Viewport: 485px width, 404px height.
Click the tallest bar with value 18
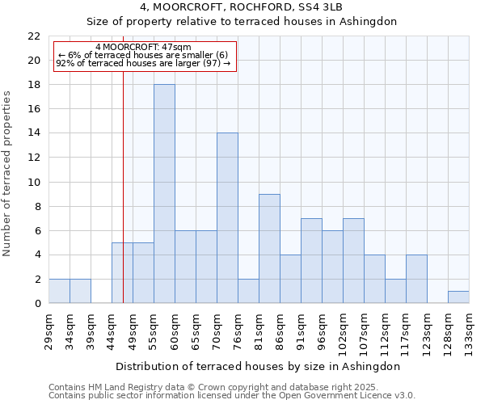pos(164,194)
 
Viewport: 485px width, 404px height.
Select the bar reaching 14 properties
pos(227,218)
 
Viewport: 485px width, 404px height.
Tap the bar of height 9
pos(269,248)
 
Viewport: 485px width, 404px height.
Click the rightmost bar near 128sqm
pos(458,297)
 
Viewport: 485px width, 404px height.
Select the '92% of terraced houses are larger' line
pos(143,63)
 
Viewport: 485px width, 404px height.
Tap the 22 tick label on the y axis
pos(34,36)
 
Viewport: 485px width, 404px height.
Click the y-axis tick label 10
pos(34,182)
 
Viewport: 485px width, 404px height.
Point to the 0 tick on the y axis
pos(37,304)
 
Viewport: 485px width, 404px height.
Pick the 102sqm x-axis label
pos(343,332)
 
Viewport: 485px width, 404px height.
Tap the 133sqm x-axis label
pos(469,332)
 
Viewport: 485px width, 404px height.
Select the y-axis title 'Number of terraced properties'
pos(7,174)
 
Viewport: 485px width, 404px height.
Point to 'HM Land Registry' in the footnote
pos(125,387)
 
